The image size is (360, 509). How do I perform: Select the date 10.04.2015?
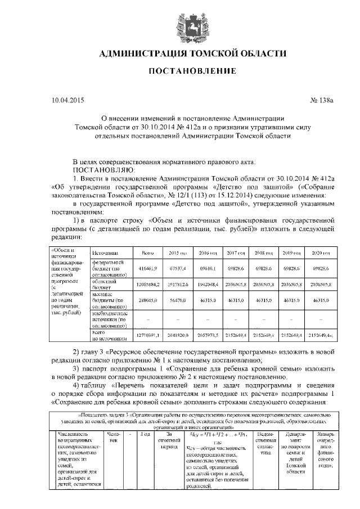click(x=67, y=101)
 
